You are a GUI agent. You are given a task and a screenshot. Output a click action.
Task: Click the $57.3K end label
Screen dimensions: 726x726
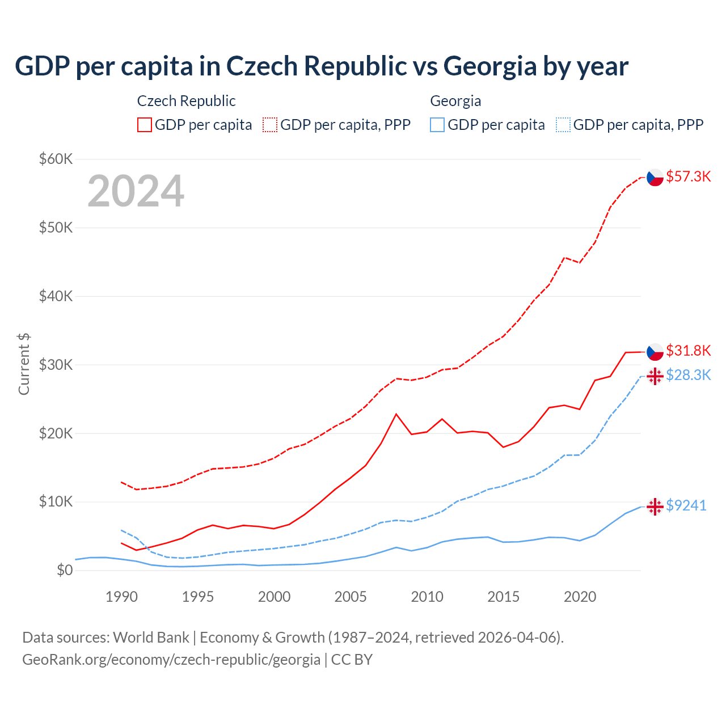point(688,176)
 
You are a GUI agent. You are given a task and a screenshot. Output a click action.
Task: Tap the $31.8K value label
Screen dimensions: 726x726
point(688,351)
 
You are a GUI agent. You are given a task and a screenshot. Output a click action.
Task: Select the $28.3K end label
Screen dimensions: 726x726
point(688,375)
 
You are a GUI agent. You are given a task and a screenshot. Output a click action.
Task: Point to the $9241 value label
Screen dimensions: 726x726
point(686,505)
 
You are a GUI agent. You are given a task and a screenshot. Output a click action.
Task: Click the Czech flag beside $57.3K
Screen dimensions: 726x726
point(655,178)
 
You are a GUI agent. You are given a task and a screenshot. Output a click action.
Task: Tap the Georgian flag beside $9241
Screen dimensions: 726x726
point(655,506)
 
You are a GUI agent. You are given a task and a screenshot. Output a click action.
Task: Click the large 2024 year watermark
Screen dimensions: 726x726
point(136,191)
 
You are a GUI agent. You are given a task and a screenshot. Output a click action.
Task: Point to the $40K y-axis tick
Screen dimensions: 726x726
point(56,296)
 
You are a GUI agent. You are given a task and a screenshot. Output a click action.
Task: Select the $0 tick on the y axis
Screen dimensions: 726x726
point(65,570)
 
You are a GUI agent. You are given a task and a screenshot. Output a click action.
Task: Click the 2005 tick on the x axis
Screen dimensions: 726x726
point(351,597)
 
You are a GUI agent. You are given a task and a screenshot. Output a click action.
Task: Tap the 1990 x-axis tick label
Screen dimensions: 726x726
point(121,597)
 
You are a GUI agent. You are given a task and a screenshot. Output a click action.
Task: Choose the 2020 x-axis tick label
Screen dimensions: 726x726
point(580,597)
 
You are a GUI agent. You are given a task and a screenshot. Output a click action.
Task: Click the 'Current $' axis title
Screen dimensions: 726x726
point(24,364)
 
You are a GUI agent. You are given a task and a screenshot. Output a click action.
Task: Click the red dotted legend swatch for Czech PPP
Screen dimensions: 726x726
point(270,125)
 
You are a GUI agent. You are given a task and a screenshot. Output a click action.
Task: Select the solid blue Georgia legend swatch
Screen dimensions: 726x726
point(437,125)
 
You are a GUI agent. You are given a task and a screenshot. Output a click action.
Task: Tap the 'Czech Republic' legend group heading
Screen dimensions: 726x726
point(186,101)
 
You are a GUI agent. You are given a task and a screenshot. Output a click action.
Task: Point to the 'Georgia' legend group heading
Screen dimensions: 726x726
point(455,101)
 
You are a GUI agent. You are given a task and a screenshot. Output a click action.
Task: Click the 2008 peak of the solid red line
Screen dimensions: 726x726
point(396,414)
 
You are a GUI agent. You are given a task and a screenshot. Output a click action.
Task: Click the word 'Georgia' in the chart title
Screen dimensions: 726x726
point(489,66)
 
